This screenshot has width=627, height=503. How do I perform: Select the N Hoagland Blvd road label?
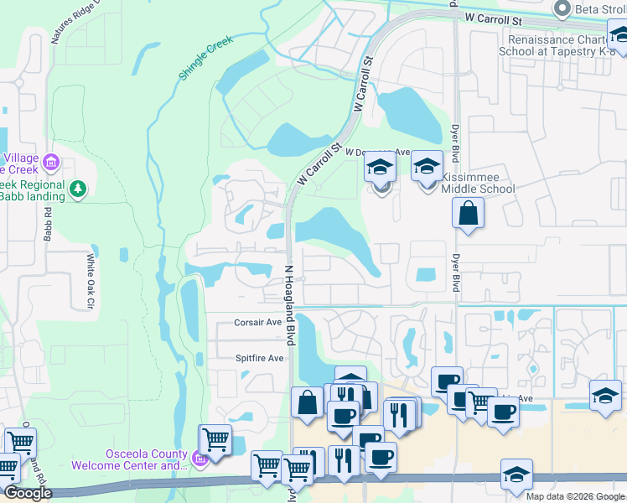coord(290,306)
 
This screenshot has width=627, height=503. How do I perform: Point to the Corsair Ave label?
coord(258,322)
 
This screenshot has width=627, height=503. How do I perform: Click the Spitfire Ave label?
coord(260,358)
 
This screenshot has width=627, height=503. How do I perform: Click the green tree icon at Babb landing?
coord(78,189)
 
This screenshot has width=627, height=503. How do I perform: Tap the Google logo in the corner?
coord(28,494)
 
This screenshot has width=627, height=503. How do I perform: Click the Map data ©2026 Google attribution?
coord(574,496)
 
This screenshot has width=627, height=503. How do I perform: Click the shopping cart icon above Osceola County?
coord(215,438)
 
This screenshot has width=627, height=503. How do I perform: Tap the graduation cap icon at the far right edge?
coord(605,395)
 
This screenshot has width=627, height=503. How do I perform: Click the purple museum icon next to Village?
coord(51,161)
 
